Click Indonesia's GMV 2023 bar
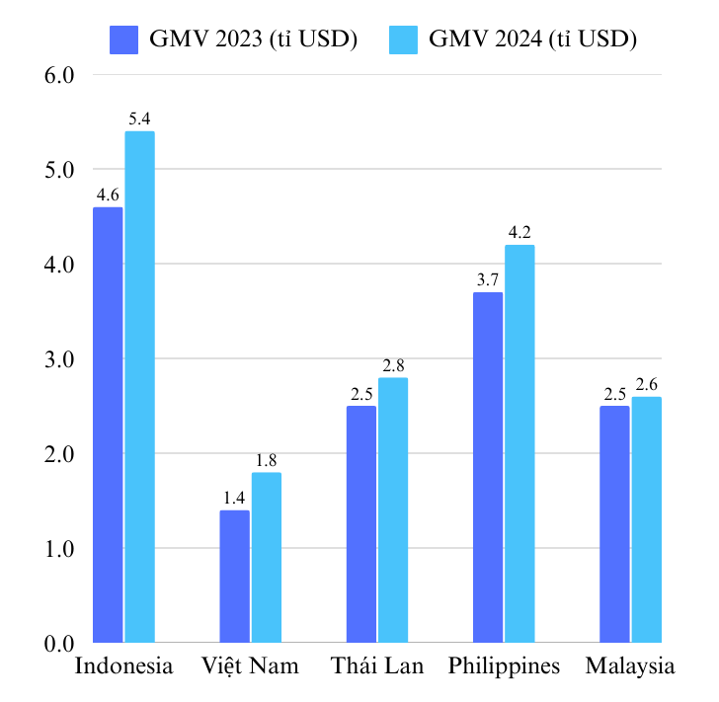[108, 425]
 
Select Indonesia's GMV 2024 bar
[139, 387]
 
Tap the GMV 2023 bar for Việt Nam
[234, 577]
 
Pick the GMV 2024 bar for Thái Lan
[392, 510]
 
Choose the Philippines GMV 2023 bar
[488, 468]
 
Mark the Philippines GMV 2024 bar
[519, 444]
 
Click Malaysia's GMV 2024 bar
[647, 520]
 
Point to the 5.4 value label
[139, 119]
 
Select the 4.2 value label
[519, 233]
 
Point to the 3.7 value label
[488, 280]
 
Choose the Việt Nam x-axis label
[250, 666]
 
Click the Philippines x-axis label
[504, 666]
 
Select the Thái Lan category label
[377, 666]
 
